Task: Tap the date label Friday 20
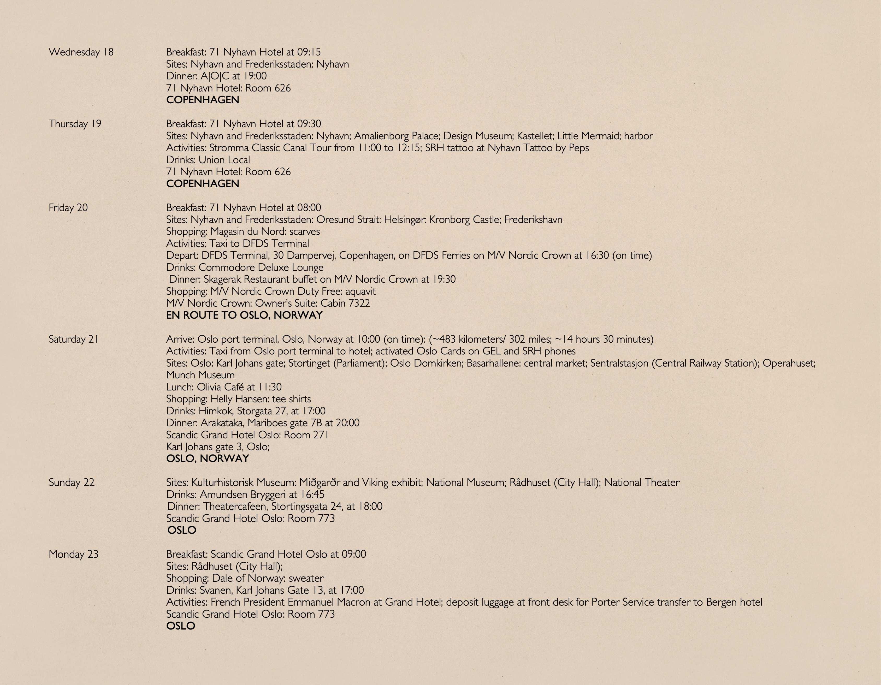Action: click(x=68, y=208)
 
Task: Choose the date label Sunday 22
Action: click(x=72, y=483)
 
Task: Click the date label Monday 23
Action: click(x=73, y=554)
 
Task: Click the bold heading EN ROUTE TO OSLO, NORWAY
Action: click(x=244, y=315)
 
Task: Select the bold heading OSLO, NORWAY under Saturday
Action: click(x=207, y=459)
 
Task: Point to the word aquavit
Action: click(x=360, y=291)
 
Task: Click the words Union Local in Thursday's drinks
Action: click(x=224, y=160)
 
